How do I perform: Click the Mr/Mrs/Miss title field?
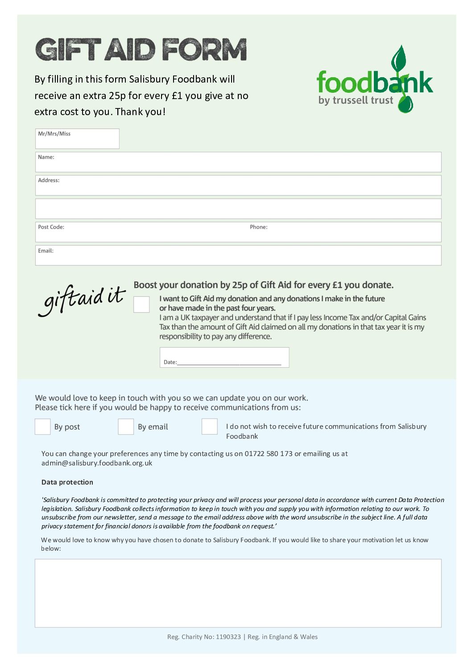coord(77,139)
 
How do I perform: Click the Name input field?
coord(238,162)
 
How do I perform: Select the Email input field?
coord(238,256)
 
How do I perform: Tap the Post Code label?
coord(51,227)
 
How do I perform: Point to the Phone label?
coord(258,227)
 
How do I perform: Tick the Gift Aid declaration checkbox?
coord(141,304)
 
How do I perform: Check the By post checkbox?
coord(42,427)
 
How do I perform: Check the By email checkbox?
coord(126,427)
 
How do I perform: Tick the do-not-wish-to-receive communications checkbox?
coord(209,427)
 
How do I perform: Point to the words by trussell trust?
coord(356,100)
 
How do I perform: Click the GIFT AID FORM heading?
coord(141,50)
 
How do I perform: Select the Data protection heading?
coord(67,482)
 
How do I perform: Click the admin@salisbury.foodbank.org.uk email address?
coord(97,463)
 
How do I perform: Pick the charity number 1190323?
coord(228,637)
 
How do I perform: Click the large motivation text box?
coord(238,593)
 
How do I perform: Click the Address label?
coord(49,180)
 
